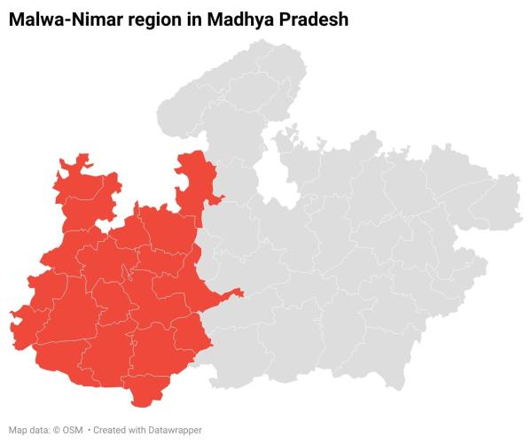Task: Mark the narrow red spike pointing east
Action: click(236, 292)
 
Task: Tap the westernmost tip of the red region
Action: click(10, 312)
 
